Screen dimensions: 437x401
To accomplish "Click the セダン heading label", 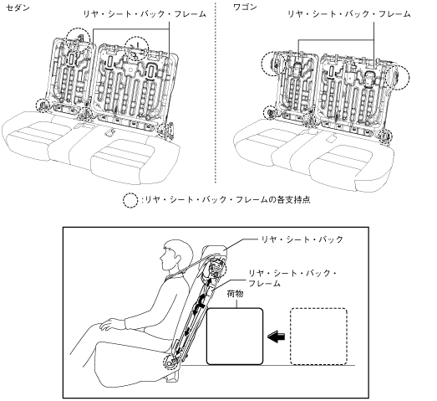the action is [18, 8].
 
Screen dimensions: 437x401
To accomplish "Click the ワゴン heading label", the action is [245, 8].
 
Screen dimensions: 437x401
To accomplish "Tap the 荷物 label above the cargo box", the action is [236, 294].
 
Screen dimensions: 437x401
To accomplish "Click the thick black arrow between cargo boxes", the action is [277, 337].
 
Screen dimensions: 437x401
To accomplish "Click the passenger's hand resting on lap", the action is [111, 325].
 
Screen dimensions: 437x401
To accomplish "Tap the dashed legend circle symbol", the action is [130, 200].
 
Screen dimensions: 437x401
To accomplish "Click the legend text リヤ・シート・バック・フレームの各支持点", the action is [228, 199].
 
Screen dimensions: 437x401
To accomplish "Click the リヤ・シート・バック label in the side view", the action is [302, 239].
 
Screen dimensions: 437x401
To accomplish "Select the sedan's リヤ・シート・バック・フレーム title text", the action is [145, 14].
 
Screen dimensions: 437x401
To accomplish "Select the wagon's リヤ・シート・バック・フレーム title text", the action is [349, 14].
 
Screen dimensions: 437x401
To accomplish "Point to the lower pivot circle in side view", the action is [170, 362].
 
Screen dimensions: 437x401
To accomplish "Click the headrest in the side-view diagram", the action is [216, 249].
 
